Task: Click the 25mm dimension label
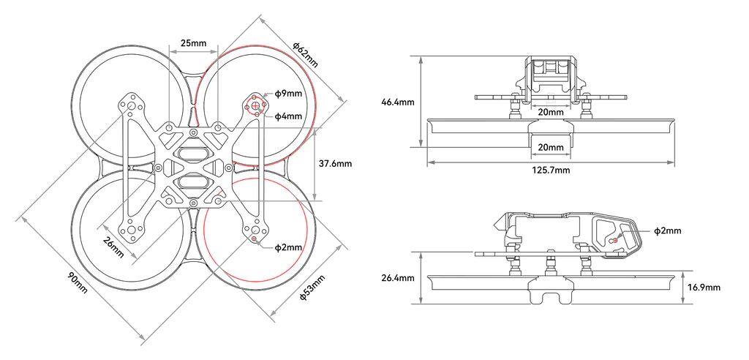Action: pyautogui.click(x=193, y=43)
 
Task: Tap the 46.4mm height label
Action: pyautogui.click(x=398, y=102)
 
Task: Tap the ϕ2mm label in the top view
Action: pyautogui.click(x=288, y=247)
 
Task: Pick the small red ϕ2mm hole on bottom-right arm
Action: pyautogui.click(x=254, y=239)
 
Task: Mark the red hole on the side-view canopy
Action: pyautogui.click(x=615, y=239)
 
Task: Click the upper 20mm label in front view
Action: pyautogui.click(x=550, y=112)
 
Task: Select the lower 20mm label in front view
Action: pyautogui.click(x=550, y=147)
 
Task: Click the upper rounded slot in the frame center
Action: pyautogui.click(x=192, y=154)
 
